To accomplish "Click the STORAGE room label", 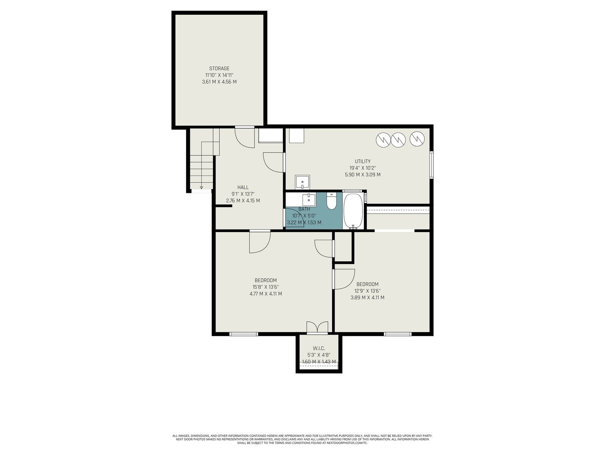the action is point(219,68).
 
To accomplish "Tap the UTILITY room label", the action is point(363,162).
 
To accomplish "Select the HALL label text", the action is point(243,188).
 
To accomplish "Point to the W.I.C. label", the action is point(319,348).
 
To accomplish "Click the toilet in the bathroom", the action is point(331,201).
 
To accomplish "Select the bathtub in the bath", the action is point(353,211).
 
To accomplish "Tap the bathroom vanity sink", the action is point(309,199).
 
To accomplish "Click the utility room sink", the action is point(302,182).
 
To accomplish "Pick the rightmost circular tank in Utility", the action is point(417,139).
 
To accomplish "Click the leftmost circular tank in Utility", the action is point(383,140).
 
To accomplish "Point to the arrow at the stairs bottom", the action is point(202,187).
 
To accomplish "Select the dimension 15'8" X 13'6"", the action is point(266,287).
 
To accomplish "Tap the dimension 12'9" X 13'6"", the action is point(368,291).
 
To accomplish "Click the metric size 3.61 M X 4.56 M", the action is point(219,82).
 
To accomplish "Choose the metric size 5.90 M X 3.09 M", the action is point(363,175).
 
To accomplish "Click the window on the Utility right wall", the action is point(432,165).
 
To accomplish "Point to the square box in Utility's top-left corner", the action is point(296,135).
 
